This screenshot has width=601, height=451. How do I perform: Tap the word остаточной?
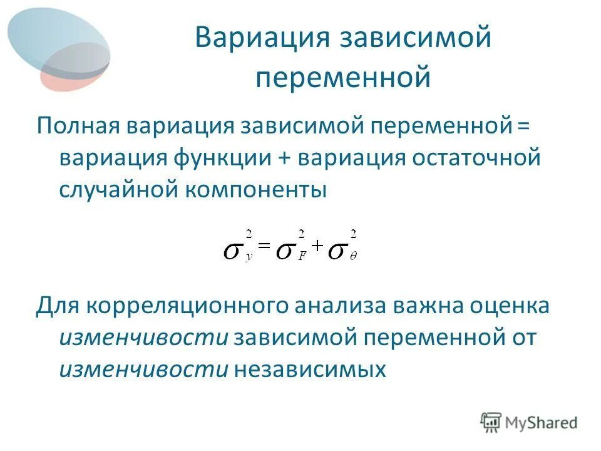[x=475, y=157]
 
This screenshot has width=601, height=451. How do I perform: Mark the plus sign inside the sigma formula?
[x=316, y=247]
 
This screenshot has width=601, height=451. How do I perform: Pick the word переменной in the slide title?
[x=343, y=78]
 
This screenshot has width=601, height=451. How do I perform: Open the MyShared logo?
[x=529, y=422]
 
